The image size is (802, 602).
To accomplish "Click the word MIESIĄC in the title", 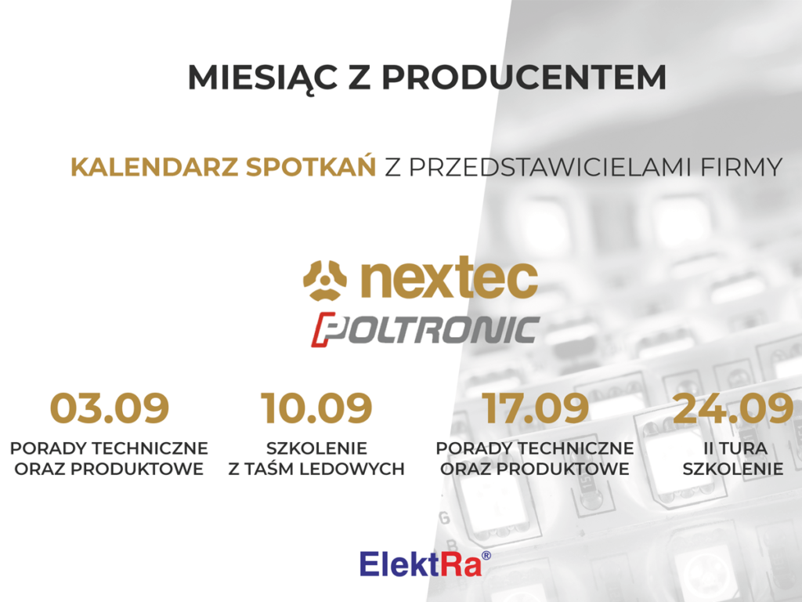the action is click(x=262, y=78).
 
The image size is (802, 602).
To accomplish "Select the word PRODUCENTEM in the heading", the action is click(x=524, y=78).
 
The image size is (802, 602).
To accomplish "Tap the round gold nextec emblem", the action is click(x=325, y=280).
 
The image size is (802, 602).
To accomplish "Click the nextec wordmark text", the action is click(x=449, y=277).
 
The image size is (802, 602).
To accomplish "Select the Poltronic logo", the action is click(x=425, y=329).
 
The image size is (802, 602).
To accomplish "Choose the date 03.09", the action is click(x=110, y=408).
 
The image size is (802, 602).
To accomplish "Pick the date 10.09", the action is click(x=316, y=408).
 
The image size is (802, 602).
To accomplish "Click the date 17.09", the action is click(x=535, y=408).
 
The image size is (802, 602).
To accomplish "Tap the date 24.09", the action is click(x=733, y=408).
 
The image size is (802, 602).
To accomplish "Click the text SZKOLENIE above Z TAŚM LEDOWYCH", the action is click(x=316, y=448).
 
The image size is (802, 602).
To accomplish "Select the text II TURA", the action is click(x=735, y=448).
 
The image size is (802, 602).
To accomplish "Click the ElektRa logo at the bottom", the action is click(x=425, y=564).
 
